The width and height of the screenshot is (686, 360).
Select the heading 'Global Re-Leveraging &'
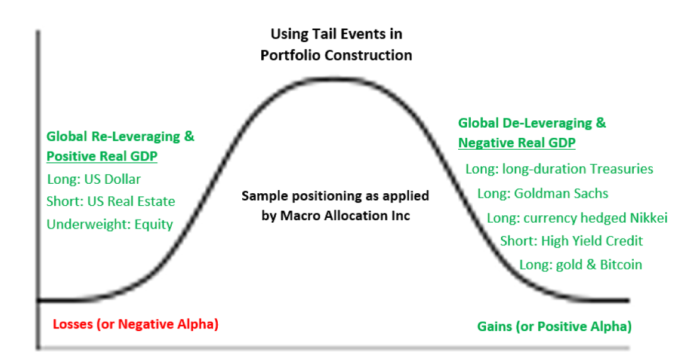(x=120, y=136)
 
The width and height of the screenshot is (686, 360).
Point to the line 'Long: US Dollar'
(x=94, y=179)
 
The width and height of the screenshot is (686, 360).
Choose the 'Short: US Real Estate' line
(x=111, y=201)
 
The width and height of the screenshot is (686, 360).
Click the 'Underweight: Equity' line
(x=110, y=224)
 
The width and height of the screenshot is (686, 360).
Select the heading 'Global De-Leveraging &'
(x=532, y=123)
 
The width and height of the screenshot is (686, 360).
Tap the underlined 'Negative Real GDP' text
(x=517, y=143)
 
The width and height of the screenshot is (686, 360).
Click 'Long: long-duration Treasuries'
(x=559, y=169)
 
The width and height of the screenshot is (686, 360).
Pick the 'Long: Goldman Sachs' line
(x=543, y=193)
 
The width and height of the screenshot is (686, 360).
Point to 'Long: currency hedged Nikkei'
(x=577, y=218)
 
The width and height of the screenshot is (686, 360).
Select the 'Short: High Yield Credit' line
(x=571, y=241)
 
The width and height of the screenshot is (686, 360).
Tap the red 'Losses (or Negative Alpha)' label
(x=135, y=324)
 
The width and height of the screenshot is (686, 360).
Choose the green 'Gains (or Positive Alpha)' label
(x=554, y=327)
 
